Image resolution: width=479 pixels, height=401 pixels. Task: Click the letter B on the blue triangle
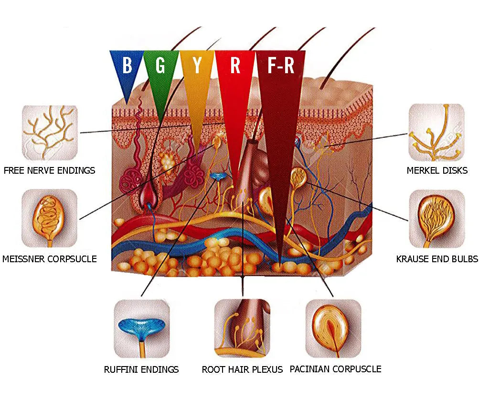pos(127,66)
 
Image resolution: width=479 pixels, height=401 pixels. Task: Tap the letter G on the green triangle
pos(161,66)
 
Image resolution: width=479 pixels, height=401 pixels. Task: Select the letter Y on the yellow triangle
pos(196,66)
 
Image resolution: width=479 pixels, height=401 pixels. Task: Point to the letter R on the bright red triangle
pos(235,66)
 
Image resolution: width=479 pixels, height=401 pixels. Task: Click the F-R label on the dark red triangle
pos(281,66)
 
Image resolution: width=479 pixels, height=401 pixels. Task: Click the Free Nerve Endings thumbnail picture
pos(50,133)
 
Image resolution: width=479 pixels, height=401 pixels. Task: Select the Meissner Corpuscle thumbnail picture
pos(50,218)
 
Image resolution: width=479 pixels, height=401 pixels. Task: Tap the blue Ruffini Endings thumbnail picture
pos(141,328)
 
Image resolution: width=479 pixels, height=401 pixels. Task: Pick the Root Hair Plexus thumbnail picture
pos(242,328)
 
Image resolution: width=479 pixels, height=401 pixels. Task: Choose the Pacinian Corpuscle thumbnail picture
pos(333,328)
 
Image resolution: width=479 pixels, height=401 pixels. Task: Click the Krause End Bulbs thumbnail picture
pos(436,218)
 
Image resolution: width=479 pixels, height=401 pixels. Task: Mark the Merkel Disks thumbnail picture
pos(436,133)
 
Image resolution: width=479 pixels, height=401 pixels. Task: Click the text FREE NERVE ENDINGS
pos(49,170)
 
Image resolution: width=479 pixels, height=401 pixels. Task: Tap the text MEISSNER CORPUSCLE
pos(50,259)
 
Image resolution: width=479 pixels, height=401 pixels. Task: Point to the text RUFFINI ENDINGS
pos(141,369)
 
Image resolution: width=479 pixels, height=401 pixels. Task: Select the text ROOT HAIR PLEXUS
pos(242,369)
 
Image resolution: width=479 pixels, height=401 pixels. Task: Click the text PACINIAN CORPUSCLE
pos(336,369)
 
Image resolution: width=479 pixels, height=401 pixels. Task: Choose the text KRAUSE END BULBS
pos(437,259)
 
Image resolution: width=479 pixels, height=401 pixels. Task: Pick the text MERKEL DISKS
pos(437,170)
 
